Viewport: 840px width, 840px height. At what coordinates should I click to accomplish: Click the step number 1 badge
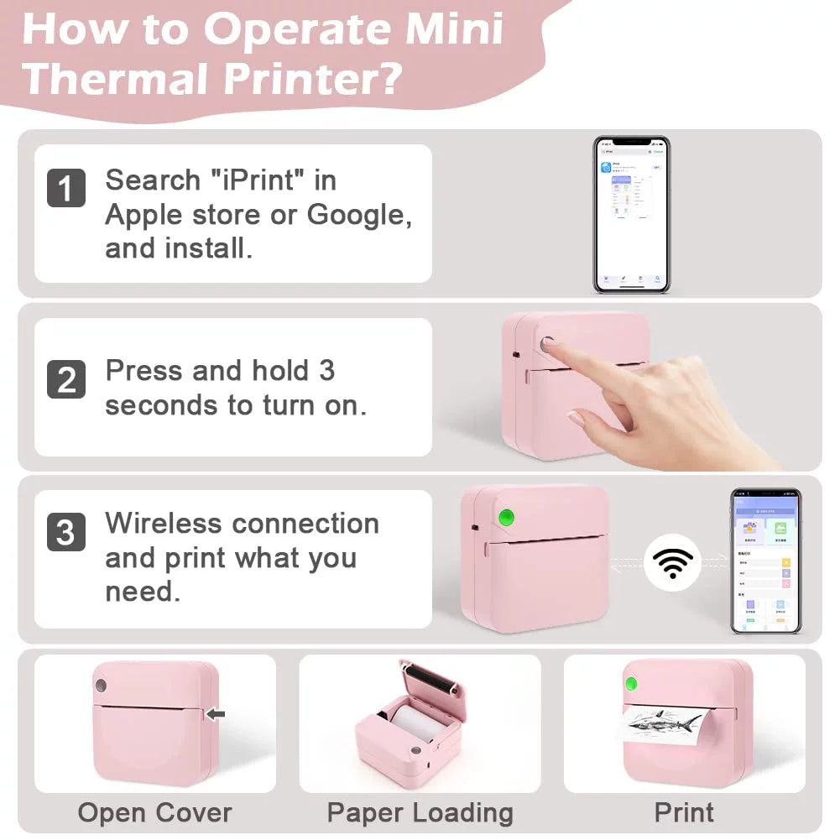tap(65, 188)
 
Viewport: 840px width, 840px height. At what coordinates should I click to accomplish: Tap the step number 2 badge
tap(65, 378)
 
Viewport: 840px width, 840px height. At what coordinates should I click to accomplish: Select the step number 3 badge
tap(65, 533)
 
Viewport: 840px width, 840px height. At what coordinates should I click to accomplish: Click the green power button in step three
tap(506, 518)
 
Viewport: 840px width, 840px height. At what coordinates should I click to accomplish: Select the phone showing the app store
tap(631, 214)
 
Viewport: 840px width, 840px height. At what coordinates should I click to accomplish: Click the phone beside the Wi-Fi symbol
tap(764, 561)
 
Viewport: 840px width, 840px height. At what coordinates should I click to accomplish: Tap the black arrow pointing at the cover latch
tap(216, 714)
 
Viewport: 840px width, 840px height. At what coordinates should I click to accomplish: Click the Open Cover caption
tap(154, 812)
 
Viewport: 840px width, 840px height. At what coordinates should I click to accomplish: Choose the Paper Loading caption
tap(420, 812)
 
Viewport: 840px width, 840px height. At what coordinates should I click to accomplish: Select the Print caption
tap(684, 812)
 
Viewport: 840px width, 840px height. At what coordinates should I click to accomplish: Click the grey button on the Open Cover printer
tap(101, 686)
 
